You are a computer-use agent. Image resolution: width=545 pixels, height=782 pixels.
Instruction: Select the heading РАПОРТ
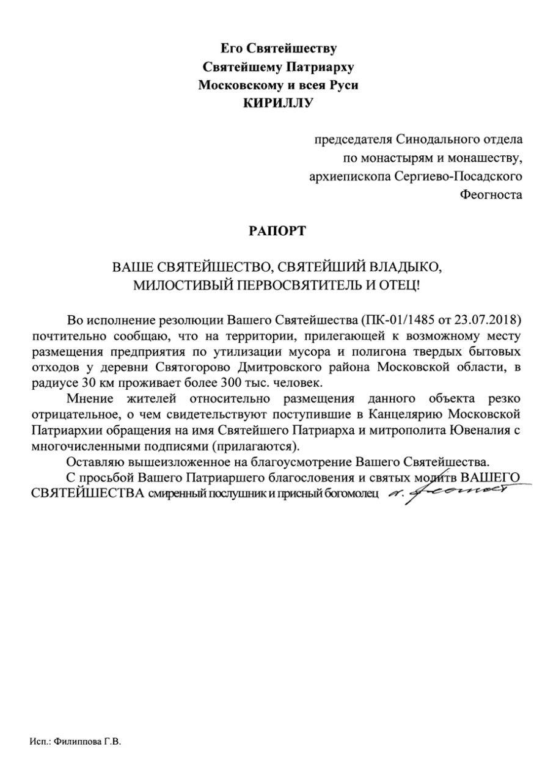coord(277,231)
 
